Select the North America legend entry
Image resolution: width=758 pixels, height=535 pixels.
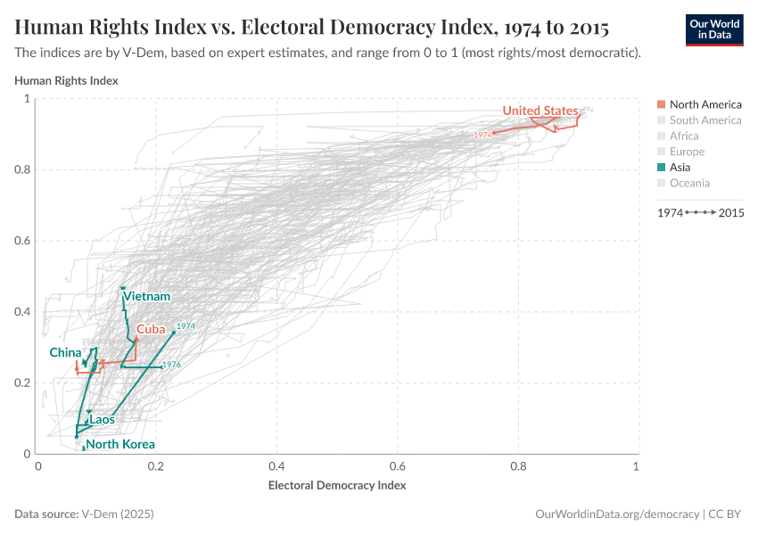704,104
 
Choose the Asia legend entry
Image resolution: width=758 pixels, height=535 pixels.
685,167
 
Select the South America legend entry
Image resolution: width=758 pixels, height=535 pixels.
704,120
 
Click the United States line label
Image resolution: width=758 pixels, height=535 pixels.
540,111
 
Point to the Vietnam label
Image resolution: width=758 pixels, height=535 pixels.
147,296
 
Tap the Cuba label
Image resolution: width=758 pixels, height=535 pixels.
151,329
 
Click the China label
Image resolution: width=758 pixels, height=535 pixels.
65,352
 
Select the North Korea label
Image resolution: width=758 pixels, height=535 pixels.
120,444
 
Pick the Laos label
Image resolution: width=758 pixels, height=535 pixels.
102,419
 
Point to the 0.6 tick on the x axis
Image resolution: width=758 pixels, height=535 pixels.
397,466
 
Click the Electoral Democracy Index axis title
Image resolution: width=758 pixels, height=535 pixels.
337,486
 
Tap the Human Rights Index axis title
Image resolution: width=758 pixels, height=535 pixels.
67,80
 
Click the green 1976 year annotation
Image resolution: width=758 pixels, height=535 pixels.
171,365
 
